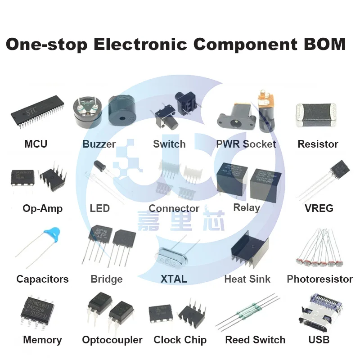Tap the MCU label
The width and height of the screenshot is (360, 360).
coord(36,144)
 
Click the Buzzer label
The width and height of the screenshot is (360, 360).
coord(99,144)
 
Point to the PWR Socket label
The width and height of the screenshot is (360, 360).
coord(246,144)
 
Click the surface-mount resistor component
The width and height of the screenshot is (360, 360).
coord(315,113)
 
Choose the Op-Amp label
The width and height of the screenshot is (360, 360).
coord(42,208)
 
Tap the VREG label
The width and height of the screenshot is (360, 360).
coord(319,208)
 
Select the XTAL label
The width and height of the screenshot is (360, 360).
coord(174,279)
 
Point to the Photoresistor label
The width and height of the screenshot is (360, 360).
coord(319,279)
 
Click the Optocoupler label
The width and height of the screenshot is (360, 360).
coord(112,340)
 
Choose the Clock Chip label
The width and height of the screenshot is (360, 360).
coord(180,340)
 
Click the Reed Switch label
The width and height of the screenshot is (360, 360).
coord(255,340)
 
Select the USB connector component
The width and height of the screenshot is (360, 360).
coord(320,310)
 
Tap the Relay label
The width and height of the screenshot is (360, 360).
coord(247,207)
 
